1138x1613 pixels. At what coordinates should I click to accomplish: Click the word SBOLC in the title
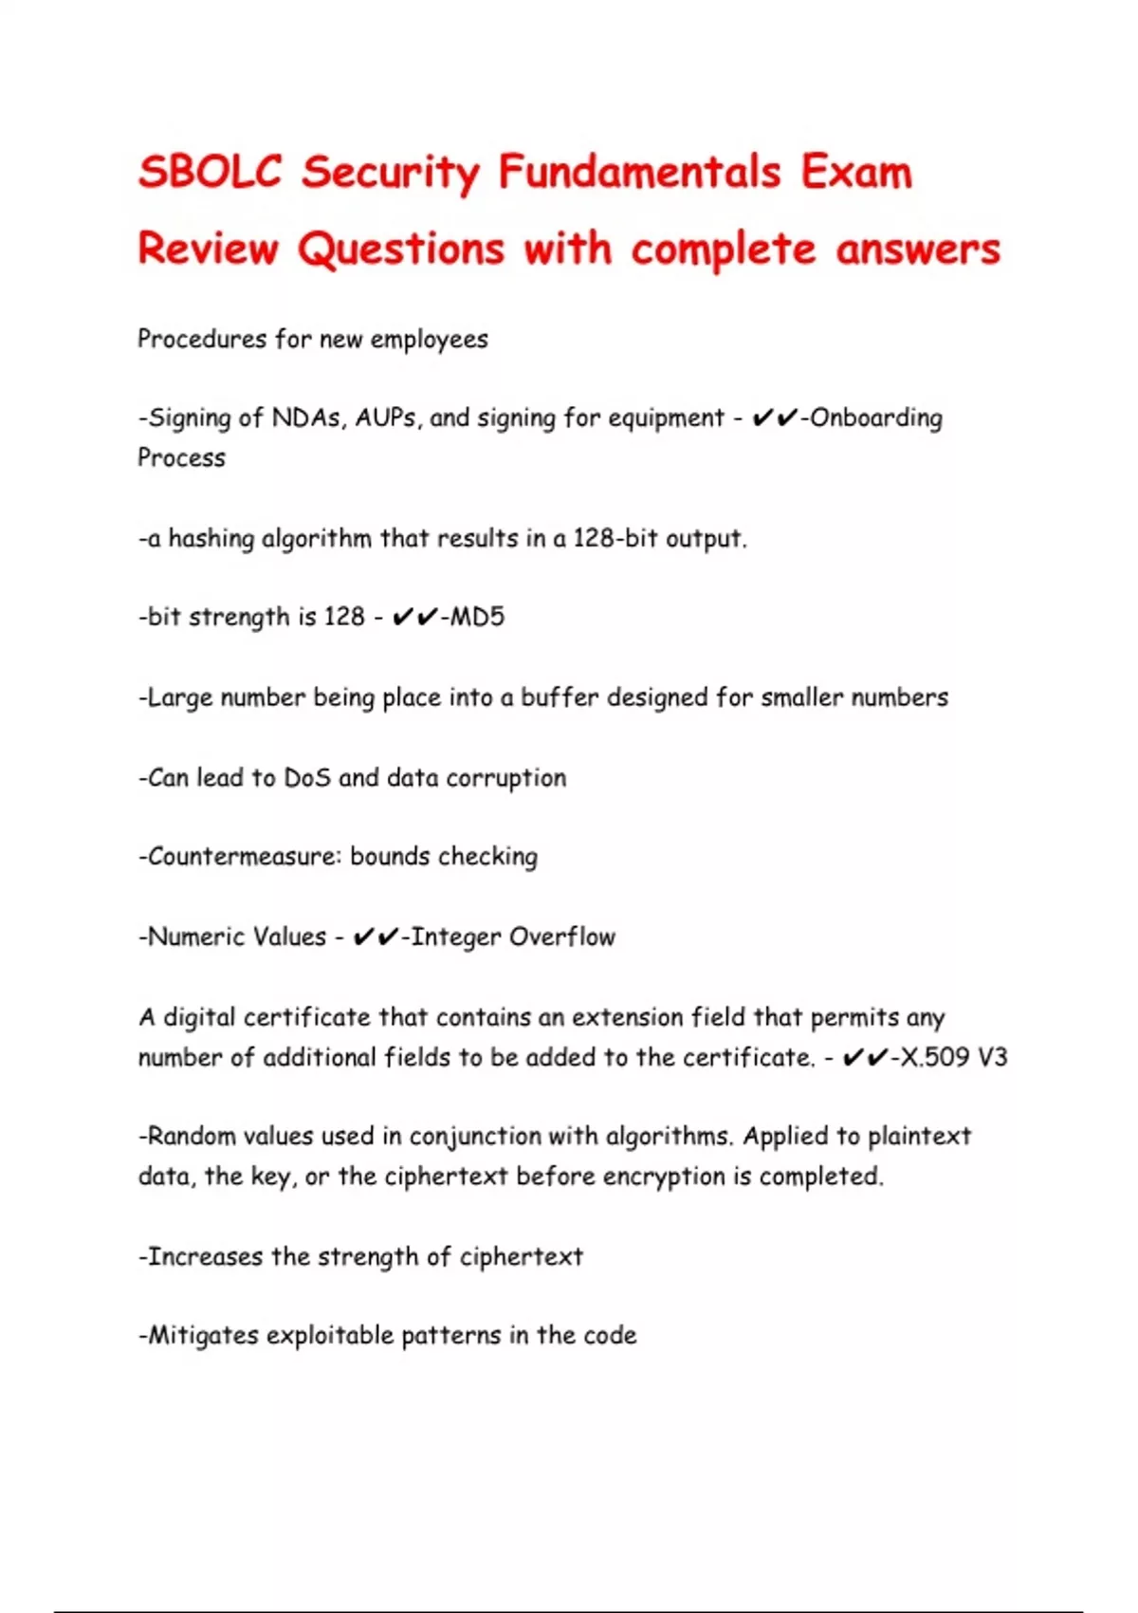(x=210, y=173)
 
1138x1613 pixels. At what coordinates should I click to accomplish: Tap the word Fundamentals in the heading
(x=639, y=173)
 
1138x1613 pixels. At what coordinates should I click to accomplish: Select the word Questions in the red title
(x=401, y=250)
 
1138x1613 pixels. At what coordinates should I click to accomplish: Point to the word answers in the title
(x=918, y=250)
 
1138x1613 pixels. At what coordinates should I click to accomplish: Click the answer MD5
(x=477, y=618)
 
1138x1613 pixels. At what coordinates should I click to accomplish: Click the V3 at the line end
(x=991, y=1057)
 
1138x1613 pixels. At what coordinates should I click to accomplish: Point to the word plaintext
(x=919, y=1137)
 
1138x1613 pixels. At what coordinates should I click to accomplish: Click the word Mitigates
(x=203, y=1336)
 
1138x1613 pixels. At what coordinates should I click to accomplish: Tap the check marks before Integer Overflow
(x=376, y=937)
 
